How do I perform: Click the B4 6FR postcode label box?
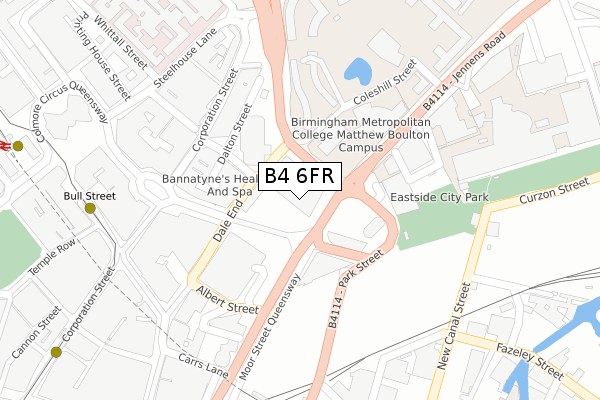point(301,176)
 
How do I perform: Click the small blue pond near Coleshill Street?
point(356,71)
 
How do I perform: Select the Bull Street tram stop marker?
point(90,208)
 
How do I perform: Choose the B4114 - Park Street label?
point(355,287)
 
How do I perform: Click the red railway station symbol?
point(5,145)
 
